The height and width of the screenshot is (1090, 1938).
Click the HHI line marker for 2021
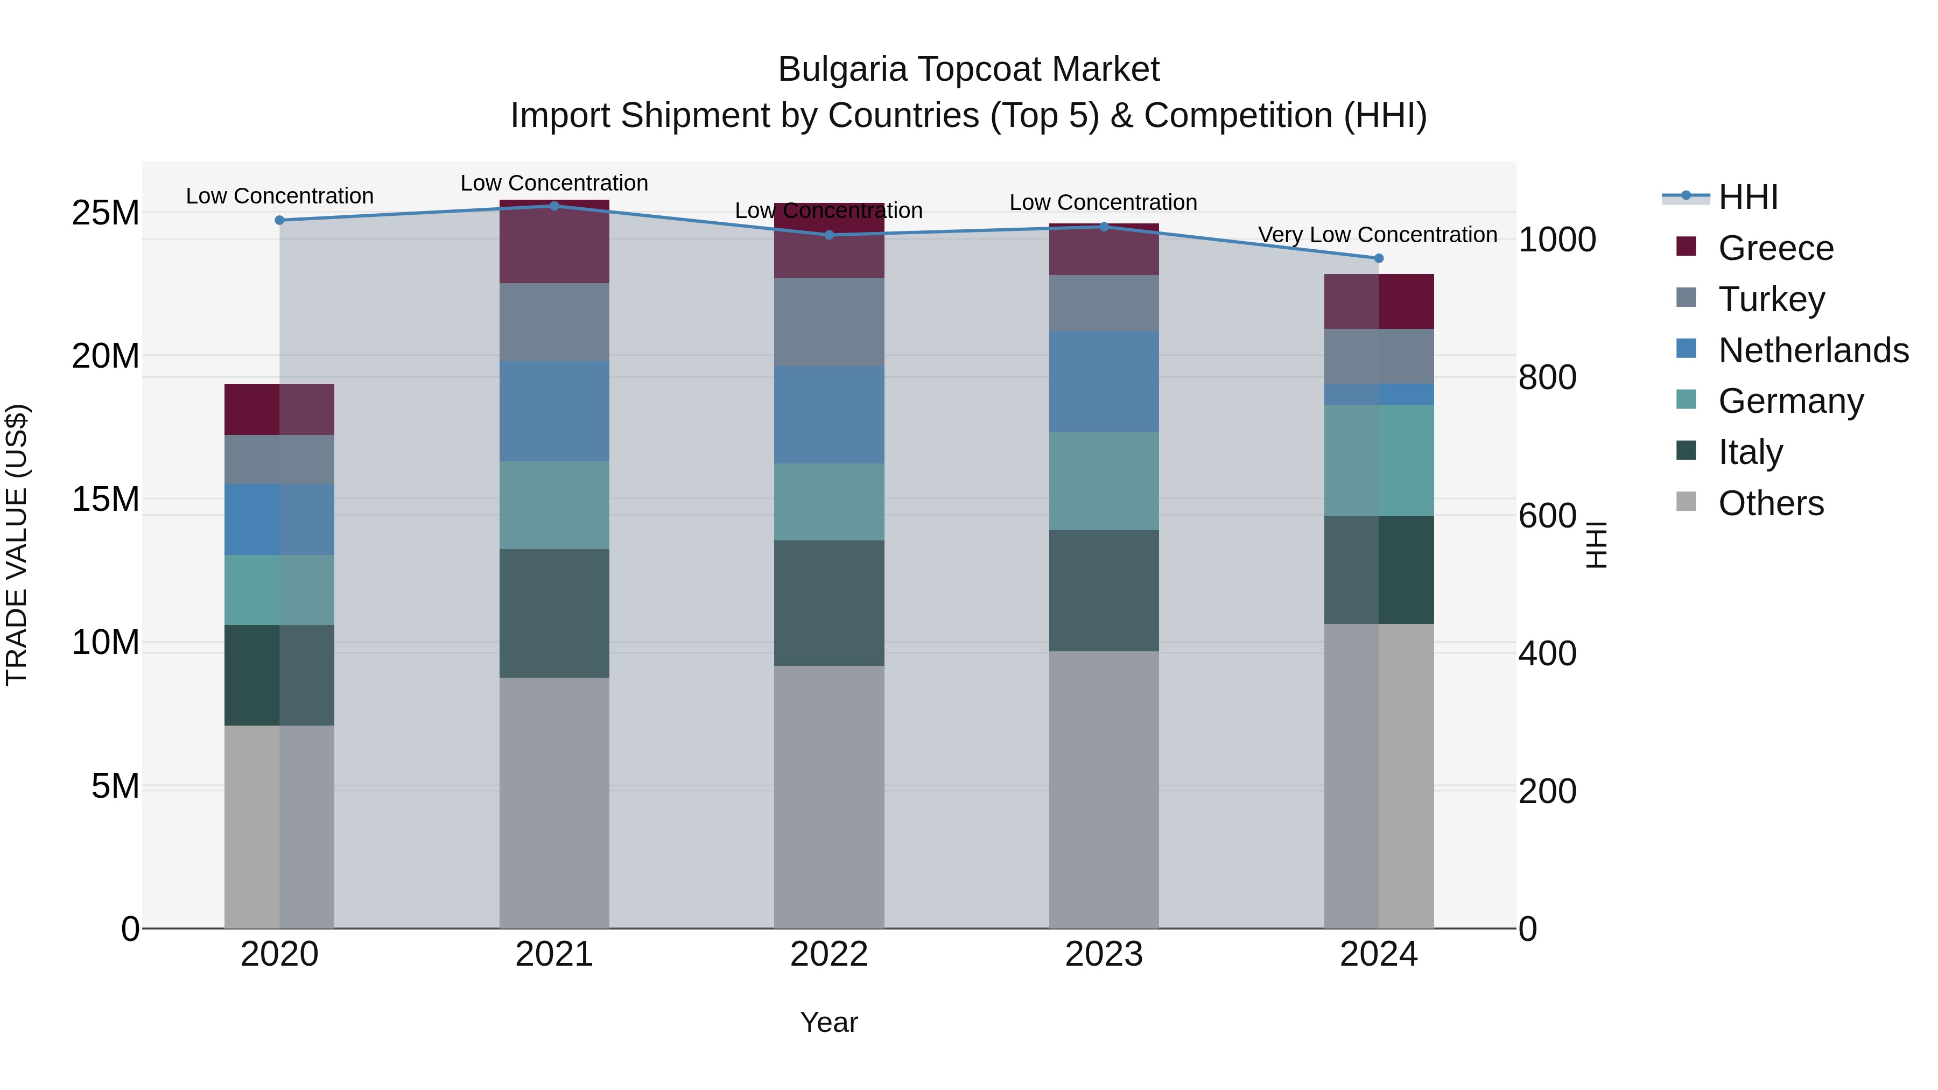554,206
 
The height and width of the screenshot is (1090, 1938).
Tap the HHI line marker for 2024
1379,258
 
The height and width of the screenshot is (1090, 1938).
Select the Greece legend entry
1775,248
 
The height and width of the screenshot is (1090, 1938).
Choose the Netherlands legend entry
1813,350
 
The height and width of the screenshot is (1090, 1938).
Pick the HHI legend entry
1747,196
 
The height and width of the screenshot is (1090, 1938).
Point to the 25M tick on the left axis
106,213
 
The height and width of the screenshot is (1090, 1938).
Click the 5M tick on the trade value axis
115,786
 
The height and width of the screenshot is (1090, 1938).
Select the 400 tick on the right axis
1547,653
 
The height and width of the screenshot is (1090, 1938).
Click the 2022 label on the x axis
829,954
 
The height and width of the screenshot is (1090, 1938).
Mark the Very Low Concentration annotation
1378,235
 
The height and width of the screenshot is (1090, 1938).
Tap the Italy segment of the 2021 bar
554,613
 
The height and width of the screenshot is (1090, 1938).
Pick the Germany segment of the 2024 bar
1379,460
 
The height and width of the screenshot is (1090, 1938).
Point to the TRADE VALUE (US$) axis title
17,545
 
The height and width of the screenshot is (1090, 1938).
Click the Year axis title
829,1022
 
